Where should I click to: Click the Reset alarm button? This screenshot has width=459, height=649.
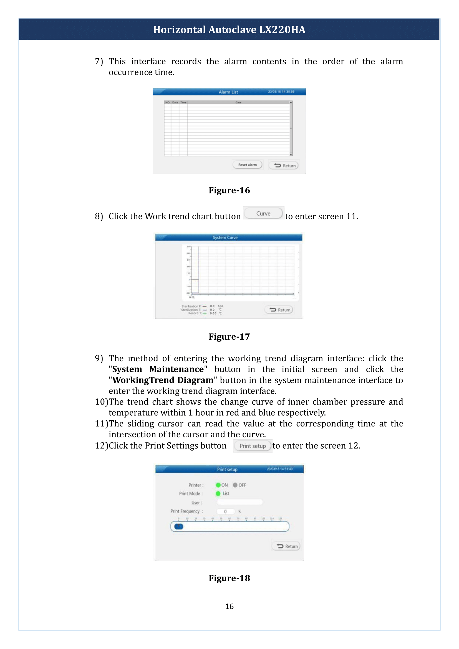(x=247, y=165)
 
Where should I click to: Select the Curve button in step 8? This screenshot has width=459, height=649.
(x=263, y=214)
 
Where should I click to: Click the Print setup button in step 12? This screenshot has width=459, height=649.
(x=253, y=446)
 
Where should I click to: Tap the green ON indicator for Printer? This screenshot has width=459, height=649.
(x=218, y=485)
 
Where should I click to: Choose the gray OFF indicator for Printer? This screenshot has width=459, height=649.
(x=235, y=485)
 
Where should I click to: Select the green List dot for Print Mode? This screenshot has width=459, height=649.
(x=218, y=494)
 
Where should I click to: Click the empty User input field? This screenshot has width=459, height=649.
(x=240, y=502)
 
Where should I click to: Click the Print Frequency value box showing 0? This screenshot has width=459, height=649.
(x=226, y=511)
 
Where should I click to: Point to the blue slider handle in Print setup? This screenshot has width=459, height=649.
(x=179, y=526)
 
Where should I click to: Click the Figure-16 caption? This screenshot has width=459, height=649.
(x=229, y=191)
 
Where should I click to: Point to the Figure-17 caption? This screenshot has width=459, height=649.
(x=229, y=337)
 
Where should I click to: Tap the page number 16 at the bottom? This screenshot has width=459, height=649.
(x=229, y=607)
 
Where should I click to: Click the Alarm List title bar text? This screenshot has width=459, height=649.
(x=228, y=92)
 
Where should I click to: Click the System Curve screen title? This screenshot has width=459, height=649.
(x=225, y=238)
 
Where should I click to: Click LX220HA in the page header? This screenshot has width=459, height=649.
(x=282, y=30)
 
